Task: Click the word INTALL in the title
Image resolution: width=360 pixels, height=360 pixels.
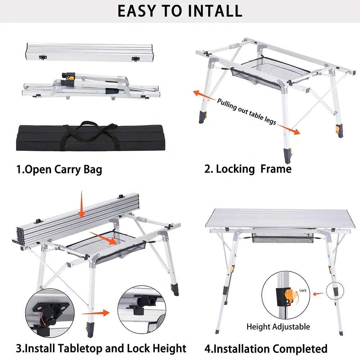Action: [x=215, y=11]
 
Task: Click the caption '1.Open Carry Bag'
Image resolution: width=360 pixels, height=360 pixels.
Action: [x=59, y=169]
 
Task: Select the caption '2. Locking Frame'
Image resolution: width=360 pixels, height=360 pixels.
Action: [x=248, y=169]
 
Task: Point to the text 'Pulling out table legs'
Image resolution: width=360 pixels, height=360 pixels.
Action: [x=247, y=111]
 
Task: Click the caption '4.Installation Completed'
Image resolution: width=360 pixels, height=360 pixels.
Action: [x=266, y=348]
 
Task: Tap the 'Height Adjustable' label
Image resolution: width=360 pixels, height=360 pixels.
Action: [x=278, y=327]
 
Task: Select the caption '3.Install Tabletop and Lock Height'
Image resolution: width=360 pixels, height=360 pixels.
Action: [x=101, y=348]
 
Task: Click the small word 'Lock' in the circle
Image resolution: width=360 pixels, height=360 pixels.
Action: [x=303, y=290]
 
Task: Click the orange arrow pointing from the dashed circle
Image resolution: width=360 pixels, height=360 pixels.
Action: [x=318, y=294]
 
